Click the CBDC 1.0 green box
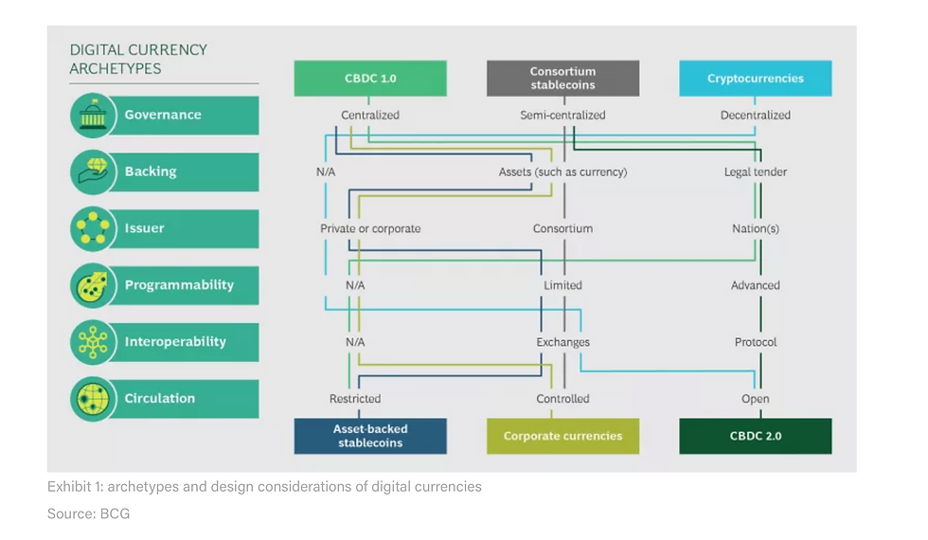[370, 78]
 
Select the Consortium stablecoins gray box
[562, 78]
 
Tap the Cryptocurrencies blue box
[756, 78]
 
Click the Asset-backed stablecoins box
[370, 437]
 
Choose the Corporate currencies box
[562, 437]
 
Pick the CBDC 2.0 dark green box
[756, 437]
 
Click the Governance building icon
[93, 115]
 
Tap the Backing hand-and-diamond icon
[93, 171]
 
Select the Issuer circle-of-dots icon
[93, 228]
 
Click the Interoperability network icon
[93, 342]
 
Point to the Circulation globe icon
[93, 399]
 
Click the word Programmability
[179, 285]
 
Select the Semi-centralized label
[562, 116]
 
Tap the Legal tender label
[756, 172]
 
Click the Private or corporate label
[370, 228]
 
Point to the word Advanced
[756, 285]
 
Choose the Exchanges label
[562, 342]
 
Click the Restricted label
[355, 399]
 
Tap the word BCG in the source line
[115, 513]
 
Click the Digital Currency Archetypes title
[138, 59]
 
